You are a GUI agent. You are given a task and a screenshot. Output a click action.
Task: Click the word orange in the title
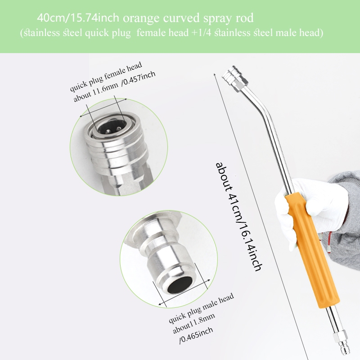pyautogui.click(x=142, y=18)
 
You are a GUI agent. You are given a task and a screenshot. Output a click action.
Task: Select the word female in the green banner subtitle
pyautogui.click(x=151, y=32)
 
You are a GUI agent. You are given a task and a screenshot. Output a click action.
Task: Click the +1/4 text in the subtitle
pyautogui.click(x=201, y=32)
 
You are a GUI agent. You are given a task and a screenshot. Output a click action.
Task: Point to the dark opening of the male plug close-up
pyautogui.click(x=180, y=285)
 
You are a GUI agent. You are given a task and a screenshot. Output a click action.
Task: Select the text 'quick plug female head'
pyautogui.click(x=106, y=76)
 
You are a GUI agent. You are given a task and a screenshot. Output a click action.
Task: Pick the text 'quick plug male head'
pyautogui.click(x=201, y=308)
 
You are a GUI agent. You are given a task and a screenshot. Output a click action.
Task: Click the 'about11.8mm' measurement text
pyautogui.click(x=194, y=323)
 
